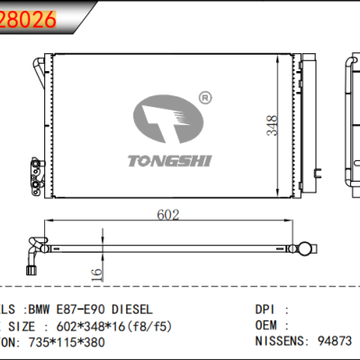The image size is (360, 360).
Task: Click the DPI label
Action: point(267,308)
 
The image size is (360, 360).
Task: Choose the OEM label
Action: point(267,325)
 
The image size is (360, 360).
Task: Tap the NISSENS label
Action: point(280,342)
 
